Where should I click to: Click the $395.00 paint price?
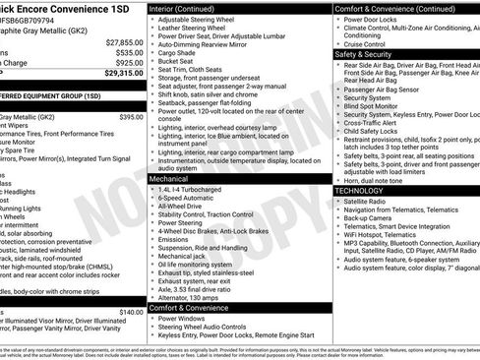(131, 116)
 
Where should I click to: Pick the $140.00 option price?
(131, 312)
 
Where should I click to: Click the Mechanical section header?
(170, 180)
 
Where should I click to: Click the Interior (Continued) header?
(188, 8)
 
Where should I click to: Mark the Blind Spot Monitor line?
(379, 106)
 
